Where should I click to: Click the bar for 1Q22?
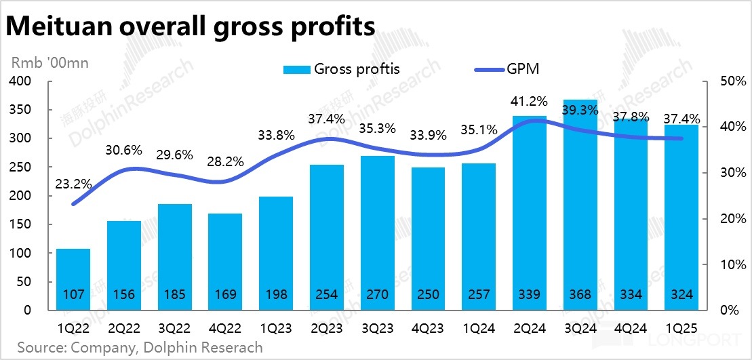(x=73, y=278)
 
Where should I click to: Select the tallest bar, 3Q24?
(x=580, y=203)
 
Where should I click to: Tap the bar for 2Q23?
(x=327, y=237)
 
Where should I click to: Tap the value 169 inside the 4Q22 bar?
(x=225, y=295)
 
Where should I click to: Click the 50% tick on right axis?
(x=726, y=81)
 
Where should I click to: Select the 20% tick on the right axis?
(x=726, y=219)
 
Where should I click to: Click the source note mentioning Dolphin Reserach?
(x=140, y=348)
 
